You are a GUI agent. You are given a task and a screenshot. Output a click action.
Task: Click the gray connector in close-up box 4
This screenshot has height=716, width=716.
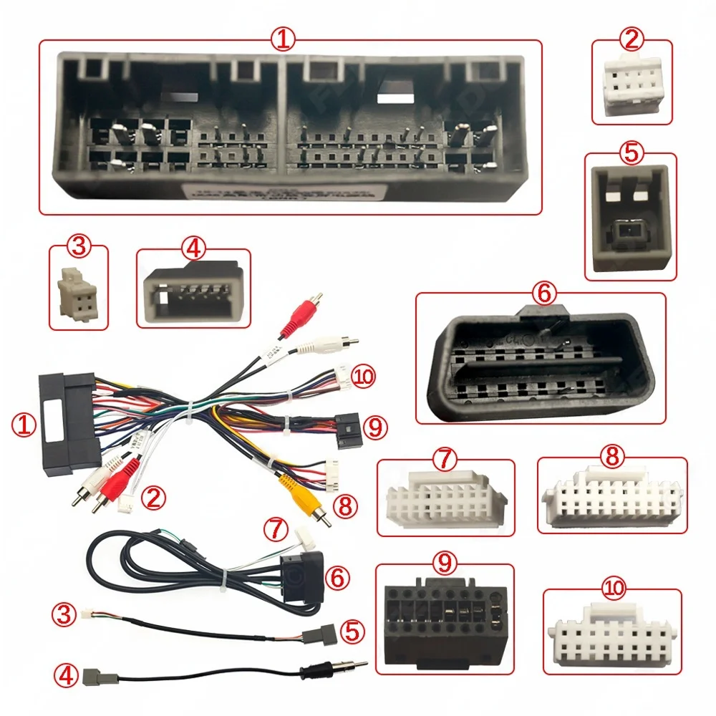[x=193, y=294]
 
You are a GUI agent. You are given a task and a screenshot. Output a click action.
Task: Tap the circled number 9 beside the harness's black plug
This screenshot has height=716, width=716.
[x=374, y=427]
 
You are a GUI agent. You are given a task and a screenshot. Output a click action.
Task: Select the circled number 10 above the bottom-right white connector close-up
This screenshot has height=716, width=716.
[x=614, y=589]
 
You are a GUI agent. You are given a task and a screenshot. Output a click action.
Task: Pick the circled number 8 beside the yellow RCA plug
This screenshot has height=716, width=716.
[x=344, y=506]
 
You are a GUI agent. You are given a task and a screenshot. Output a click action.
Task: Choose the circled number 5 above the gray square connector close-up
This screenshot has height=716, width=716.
[x=630, y=153]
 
